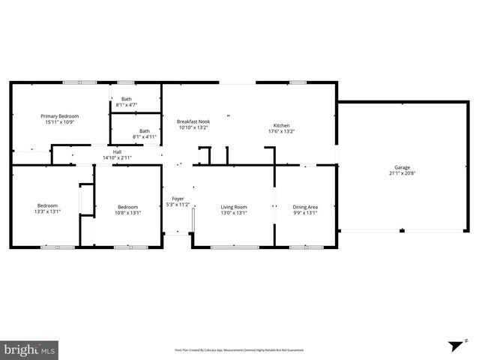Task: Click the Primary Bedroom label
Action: point(59,116)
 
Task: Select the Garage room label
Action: point(402,167)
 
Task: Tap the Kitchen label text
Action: point(281,125)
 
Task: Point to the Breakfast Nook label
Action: point(193,121)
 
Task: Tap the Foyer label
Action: point(178,199)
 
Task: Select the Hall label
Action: point(117,152)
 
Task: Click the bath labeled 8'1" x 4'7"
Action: point(127,102)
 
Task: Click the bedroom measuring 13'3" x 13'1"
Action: point(47,208)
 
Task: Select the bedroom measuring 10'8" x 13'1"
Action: point(127,209)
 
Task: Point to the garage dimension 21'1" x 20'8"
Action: point(402,173)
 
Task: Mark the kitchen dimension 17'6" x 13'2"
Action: point(281,131)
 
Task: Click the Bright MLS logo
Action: point(30,349)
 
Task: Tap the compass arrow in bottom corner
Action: point(454,346)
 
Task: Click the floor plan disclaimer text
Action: point(239,349)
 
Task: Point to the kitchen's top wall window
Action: point(298,82)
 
